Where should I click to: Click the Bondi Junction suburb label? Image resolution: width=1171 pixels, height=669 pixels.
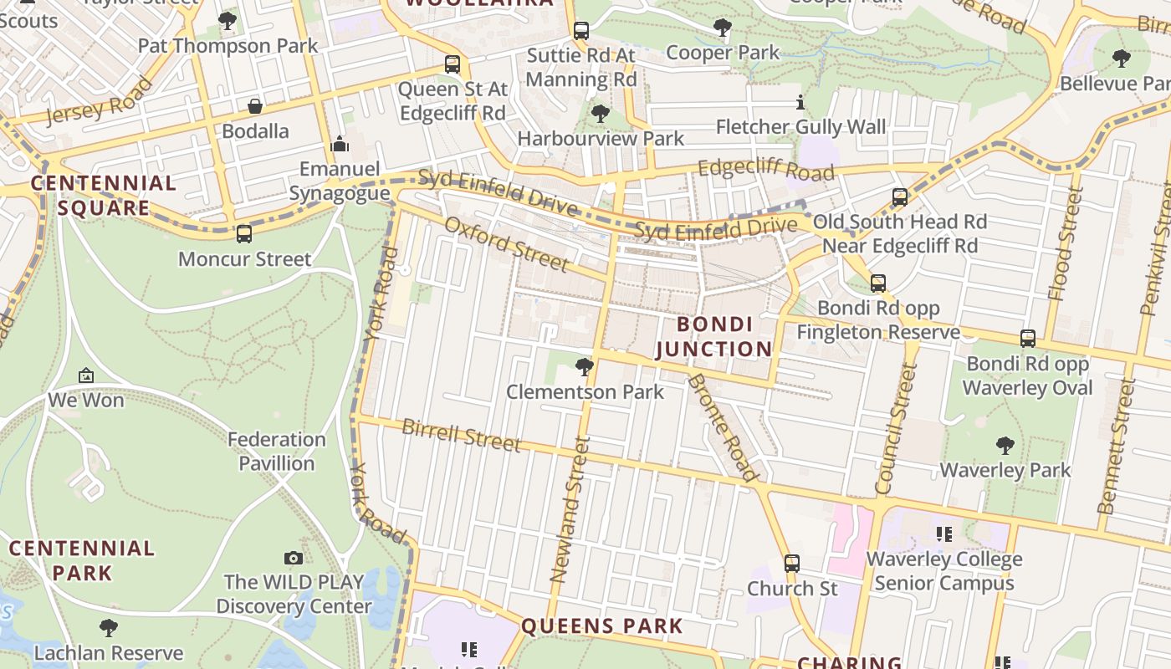pyautogui.click(x=713, y=336)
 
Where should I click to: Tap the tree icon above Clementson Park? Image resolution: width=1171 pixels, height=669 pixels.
pyautogui.click(x=585, y=366)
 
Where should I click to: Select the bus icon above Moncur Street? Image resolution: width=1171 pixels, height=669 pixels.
pyautogui.click(x=244, y=234)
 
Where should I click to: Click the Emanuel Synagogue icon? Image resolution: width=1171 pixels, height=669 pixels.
pyautogui.click(x=340, y=144)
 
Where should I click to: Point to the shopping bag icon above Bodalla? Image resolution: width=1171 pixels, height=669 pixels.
pyautogui.click(x=255, y=106)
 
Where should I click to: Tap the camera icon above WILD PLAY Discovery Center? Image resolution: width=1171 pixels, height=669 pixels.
pyautogui.click(x=294, y=558)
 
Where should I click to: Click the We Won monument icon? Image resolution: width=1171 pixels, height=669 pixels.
pyautogui.click(x=85, y=376)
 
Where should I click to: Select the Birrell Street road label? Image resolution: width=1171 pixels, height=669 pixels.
pyautogui.click(x=462, y=435)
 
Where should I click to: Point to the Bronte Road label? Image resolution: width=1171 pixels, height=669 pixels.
pyautogui.click(x=722, y=426)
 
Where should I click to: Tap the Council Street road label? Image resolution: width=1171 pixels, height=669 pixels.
pyautogui.click(x=896, y=428)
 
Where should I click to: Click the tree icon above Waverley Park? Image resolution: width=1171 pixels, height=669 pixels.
pyautogui.click(x=1005, y=445)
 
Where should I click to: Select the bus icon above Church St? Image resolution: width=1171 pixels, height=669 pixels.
pyautogui.click(x=791, y=564)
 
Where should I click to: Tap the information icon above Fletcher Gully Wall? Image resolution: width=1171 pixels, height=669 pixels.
pyautogui.click(x=800, y=103)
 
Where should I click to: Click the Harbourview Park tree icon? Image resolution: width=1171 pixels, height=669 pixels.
pyautogui.click(x=600, y=114)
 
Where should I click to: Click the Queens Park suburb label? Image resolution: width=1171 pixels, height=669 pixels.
pyautogui.click(x=602, y=626)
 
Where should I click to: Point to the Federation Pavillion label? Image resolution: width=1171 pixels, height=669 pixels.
pyautogui.click(x=277, y=451)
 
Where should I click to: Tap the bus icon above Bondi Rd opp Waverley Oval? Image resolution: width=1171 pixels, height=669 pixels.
pyautogui.click(x=1027, y=339)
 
